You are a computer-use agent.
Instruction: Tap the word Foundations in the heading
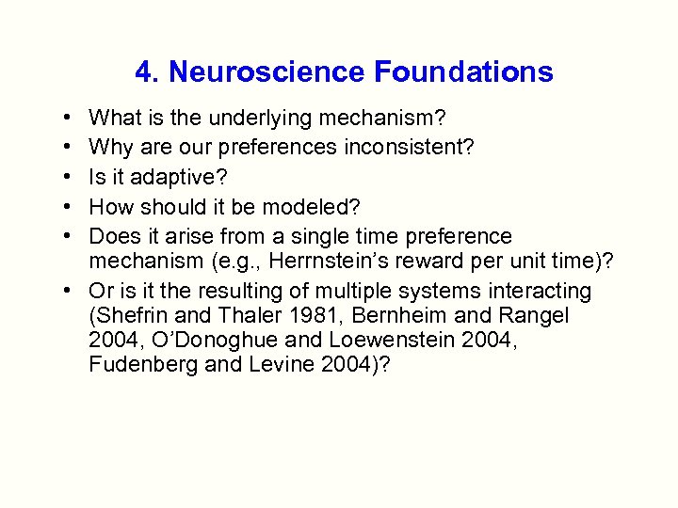(x=463, y=71)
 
